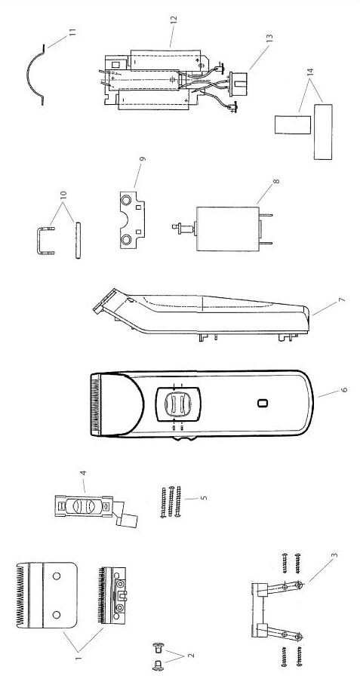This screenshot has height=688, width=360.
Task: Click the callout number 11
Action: [x=72, y=32]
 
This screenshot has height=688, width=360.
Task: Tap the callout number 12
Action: [x=173, y=20]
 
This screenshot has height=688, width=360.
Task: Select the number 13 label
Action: [x=269, y=38]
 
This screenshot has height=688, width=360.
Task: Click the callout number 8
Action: [x=275, y=181]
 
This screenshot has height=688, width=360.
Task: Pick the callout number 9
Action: [x=143, y=159]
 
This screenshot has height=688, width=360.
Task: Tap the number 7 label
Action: [x=342, y=300]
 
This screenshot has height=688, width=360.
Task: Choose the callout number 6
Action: [x=344, y=389]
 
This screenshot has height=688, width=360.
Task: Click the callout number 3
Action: [x=334, y=555]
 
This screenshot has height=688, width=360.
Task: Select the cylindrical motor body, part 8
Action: [x=227, y=229]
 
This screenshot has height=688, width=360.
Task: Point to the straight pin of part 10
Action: [x=78, y=241]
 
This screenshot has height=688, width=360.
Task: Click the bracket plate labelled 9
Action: [x=132, y=220]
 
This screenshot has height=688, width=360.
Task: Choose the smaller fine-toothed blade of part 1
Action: [x=111, y=595]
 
